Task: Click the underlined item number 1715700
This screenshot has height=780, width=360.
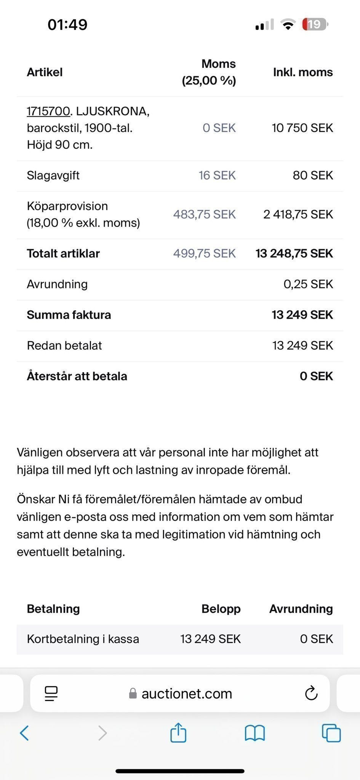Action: pyautogui.click(x=48, y=111)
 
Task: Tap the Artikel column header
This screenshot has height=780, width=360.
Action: pyautogui.click(x=45, y=72)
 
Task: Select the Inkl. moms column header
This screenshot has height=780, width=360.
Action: pyautogui.click(x=303, y=72)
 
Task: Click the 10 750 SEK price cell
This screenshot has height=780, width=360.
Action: pyautogui.click(x=302, y=128)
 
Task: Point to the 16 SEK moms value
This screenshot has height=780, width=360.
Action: pyautogui.click(x=217, y=175)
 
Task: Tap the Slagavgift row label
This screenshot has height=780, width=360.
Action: pyautogui.click(x=53, y=175)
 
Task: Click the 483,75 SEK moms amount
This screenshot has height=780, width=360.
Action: pyautogui.click(x=205, y=214)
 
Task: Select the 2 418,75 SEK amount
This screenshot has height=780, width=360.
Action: pyautogui.click(x=298, y=214)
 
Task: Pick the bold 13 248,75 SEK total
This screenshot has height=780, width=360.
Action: pyautogui.click(x=294, y=253)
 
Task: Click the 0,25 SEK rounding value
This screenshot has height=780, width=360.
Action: pyautogui.click(x=308, y=284)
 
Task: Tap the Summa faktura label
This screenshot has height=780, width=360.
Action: pyautogui.click(x=69, y=315)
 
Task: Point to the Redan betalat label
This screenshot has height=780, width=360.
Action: pyautogui.click(x=64, y=345)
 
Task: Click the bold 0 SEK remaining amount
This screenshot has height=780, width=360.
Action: pyautogui.click(x=316, y=376)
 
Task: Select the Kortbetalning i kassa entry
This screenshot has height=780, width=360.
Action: pyautogui.click(x=83, y=639)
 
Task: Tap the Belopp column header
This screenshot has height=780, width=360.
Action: pyautogui.click(x=221, y=609)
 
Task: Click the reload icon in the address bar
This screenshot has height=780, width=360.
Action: pyautogui.click(x=311, y=693)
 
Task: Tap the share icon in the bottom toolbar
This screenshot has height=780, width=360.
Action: pyautogui.click(x=178, y=733)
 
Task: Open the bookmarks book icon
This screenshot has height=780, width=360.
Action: pyautogui.click(x=255, y=733)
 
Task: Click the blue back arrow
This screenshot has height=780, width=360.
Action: pyautogui.click(x=24, y=733)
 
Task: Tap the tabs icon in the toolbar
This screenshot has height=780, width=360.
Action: pyautogui.click(x=331, y=733)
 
